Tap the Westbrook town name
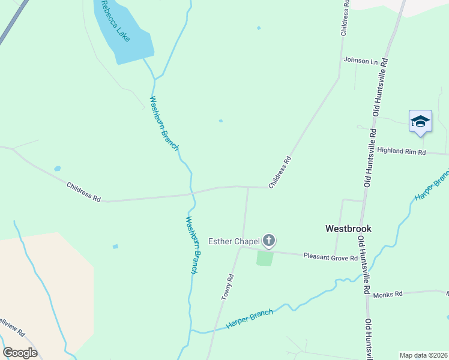(x=348, y=229)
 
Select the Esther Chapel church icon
(x=268, y=241)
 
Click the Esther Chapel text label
(x=234, y=242)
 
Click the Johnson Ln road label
(x=361, y=61)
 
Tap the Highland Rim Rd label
(x=402, y=152)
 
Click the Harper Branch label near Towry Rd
(x=249, y=319)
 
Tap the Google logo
(x=20, y=353)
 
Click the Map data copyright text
(x=423, y=355)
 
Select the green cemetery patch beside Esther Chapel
(x=265, y=258)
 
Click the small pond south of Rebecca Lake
(x=221, y=121)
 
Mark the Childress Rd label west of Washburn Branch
(x=83, y=192)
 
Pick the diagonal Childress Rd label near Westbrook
(x=280, y=172)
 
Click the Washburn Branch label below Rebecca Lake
(x=164, y=124)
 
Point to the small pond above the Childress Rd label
(x=57, y=169)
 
